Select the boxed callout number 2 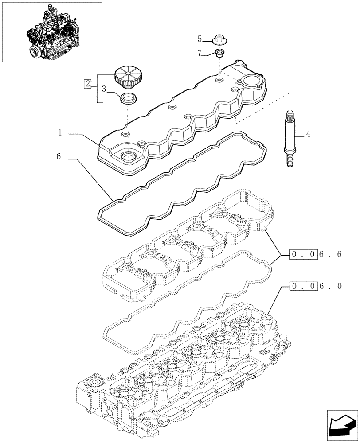point(88,83)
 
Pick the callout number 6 point(59,156)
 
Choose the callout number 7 point(200,53)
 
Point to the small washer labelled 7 point(219,54)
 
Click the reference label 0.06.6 point(316,255)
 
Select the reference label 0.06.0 point(316,286)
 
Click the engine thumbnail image point(52,31)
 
